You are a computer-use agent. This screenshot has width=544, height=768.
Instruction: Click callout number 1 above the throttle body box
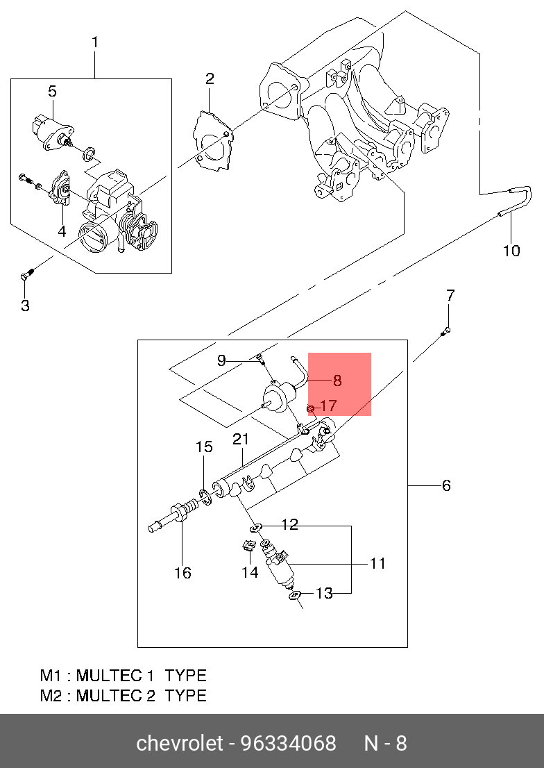[x=95, y=42]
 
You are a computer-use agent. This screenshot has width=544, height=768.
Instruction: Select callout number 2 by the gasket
[x=210, y=79]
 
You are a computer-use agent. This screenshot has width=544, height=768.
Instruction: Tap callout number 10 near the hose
[x=511, y=251]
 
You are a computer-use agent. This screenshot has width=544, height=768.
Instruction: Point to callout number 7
[x=450, y=295]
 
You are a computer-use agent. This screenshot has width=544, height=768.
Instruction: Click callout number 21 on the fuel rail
[x=241, y=440]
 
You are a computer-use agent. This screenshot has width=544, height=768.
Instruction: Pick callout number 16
[x=182, y=573]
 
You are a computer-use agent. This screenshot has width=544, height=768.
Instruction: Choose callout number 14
[x=250, y=571]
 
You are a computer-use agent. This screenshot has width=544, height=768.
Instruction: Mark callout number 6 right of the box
[x=446, y=485]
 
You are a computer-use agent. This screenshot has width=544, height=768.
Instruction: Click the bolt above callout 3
[x=27, y=274]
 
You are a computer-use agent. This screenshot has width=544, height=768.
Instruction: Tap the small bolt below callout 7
[x=445, y=332]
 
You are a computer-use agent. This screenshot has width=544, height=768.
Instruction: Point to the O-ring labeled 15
[x=206, y=496]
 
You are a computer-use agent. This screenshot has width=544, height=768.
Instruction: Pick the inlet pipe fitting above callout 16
[x=173, y=518]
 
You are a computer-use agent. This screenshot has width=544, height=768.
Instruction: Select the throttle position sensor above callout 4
[x=60, y=187]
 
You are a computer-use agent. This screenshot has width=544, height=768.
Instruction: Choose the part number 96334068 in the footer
[x=289, y=743]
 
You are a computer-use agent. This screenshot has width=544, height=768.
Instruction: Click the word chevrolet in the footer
[x=180, y=743]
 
